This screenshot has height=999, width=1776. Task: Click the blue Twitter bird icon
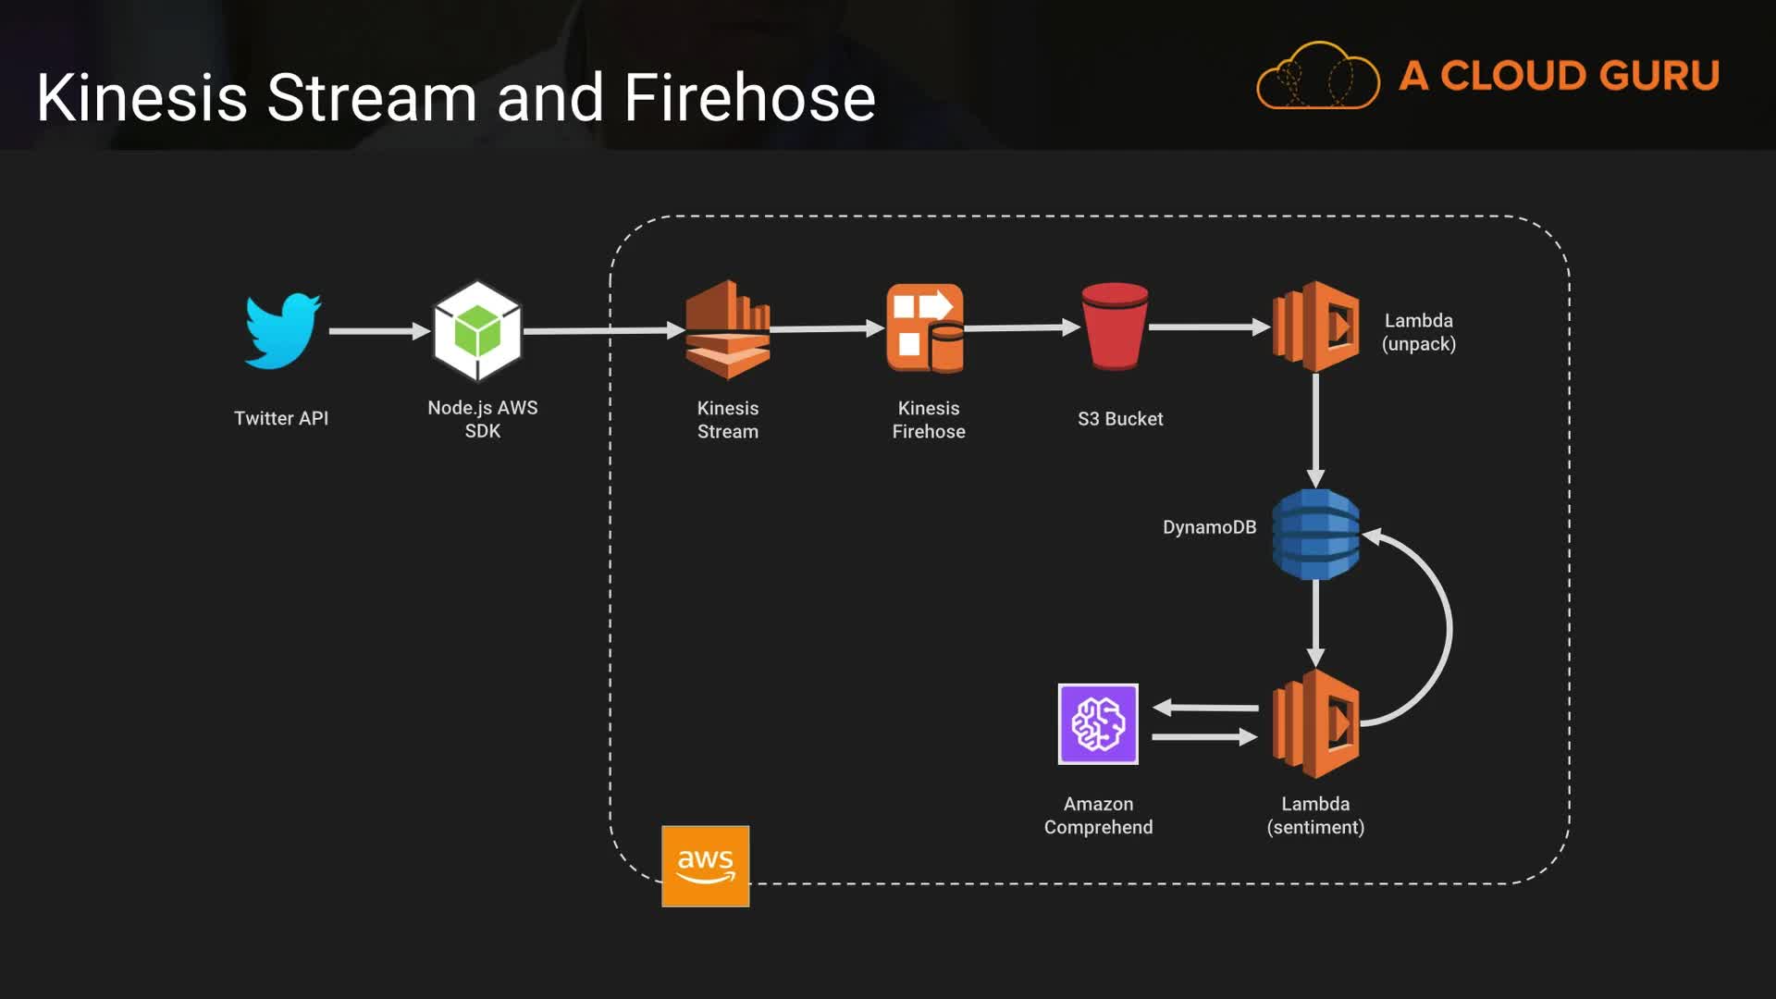282,330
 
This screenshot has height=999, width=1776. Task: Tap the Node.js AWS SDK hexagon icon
477,330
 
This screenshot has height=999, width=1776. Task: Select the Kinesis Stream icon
728,329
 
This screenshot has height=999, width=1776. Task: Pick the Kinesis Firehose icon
925,328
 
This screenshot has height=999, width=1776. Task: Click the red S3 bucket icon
1115,327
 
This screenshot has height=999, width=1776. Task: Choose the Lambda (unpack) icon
1316,327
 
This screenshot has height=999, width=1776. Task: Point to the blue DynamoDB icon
1315,535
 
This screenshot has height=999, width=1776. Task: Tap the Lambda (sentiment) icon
1315,723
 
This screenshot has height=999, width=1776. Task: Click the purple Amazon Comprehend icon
1098,724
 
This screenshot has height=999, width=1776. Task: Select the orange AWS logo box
705,866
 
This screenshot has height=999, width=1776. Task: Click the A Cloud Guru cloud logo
1318,76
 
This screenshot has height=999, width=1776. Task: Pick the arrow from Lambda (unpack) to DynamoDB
1315,430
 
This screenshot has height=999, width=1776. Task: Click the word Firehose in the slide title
749,98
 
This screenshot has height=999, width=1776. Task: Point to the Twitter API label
281,418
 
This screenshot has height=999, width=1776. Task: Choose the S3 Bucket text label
1120,419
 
